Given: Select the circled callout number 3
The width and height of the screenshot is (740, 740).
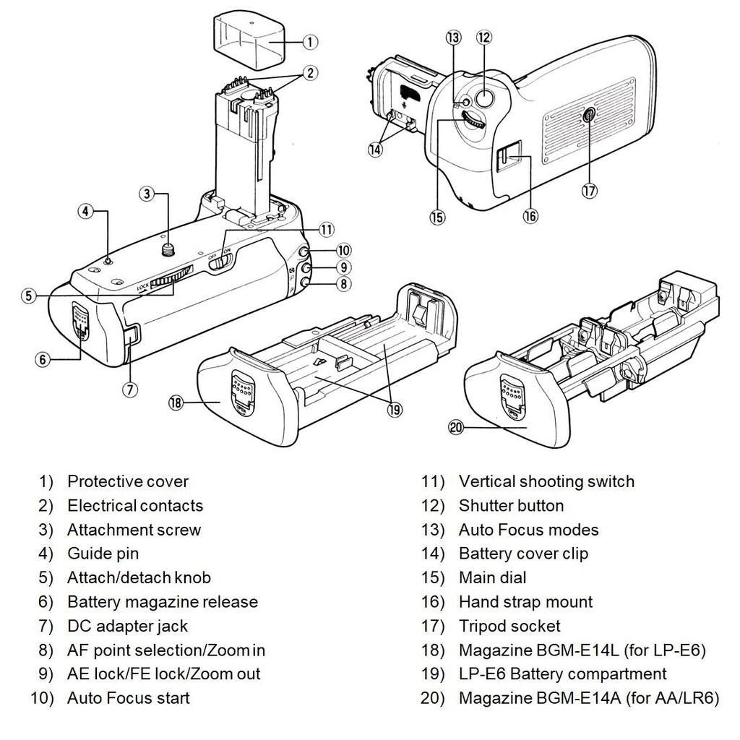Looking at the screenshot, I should [x=147, y=194].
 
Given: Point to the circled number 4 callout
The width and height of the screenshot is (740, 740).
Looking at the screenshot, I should [x=86, y=212].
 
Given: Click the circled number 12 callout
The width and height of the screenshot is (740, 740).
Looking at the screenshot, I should [x=483, y=37].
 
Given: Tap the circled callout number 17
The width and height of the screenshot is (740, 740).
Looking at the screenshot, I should [x=590, y=191].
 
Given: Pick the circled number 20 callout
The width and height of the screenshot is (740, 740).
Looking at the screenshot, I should [x=455, y=427].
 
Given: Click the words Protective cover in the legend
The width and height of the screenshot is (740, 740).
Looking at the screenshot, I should [x=127, y=481].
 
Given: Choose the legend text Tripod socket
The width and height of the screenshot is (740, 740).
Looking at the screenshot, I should [x=509, y=626].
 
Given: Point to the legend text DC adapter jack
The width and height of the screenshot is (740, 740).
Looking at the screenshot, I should [x=127, y=626].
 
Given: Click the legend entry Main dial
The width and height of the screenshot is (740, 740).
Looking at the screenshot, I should [x=492, y=577].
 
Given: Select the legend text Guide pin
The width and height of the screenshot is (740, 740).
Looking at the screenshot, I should [x=103, y=554].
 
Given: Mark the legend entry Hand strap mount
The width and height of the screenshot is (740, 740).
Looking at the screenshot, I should [x=525, y=602].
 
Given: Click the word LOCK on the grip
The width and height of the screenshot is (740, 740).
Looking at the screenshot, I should [x=143, y=286].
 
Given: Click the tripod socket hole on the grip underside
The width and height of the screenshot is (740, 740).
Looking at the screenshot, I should [x=587, y=112].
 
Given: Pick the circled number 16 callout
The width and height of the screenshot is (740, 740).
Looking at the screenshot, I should [x=531, y=216].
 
